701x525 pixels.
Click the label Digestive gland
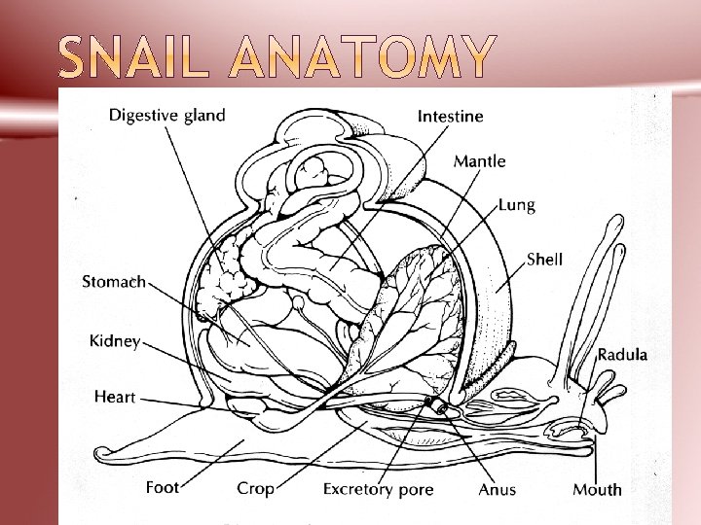[166, 116]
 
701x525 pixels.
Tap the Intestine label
[450, 117]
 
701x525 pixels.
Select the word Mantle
[479, 160]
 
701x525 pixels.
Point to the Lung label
[516, 206]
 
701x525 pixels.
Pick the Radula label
[621, 355]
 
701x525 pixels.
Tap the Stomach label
[114, 282]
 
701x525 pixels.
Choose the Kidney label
[115, 341]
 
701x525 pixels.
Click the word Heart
[115, 397]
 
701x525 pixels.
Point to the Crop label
[255, 488]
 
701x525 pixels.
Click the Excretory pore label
[378, 489]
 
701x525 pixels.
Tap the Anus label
[497, 489]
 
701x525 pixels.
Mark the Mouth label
[597, 489]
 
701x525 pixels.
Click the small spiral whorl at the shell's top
[317, 171]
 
